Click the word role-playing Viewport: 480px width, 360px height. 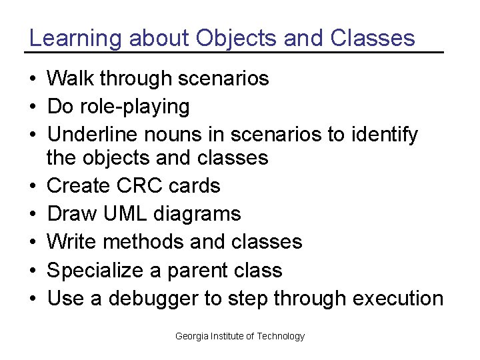coord(134,107)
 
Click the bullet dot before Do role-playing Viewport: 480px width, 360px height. coord(33,107)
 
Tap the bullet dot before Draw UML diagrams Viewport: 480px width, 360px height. coord(33,214)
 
